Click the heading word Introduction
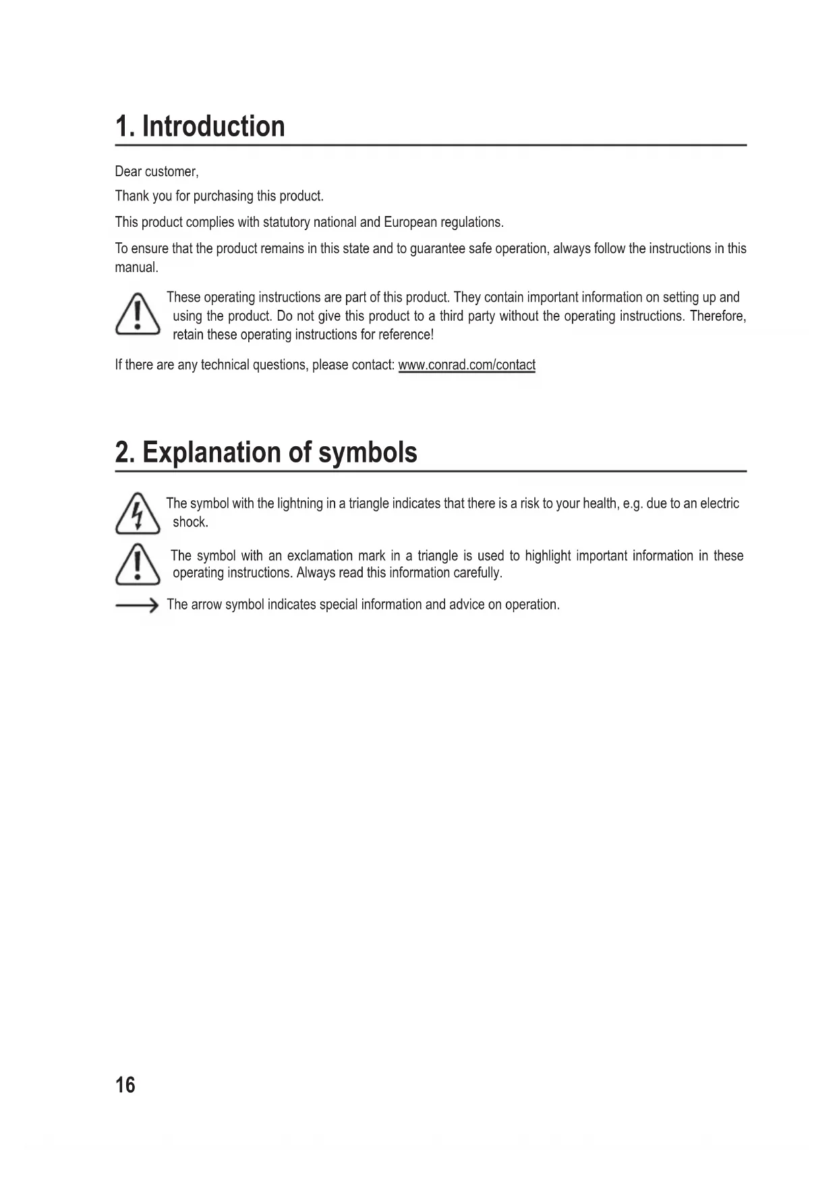(213, 126)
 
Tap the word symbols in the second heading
(368, 452)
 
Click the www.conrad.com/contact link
(467, 365)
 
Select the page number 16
(125, 1084)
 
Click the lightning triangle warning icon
(138, 514)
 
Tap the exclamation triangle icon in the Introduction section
(138, 314)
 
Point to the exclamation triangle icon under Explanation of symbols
(138, 564)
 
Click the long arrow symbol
(136, 606)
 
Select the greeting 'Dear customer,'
(156, 171)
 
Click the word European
(410, 222)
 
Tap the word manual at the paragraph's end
(136, 267)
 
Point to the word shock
(190, 522)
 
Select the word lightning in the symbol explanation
(299, 504)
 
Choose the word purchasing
(223, 196)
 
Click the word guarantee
(437, 248)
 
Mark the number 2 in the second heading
(122, 452)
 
